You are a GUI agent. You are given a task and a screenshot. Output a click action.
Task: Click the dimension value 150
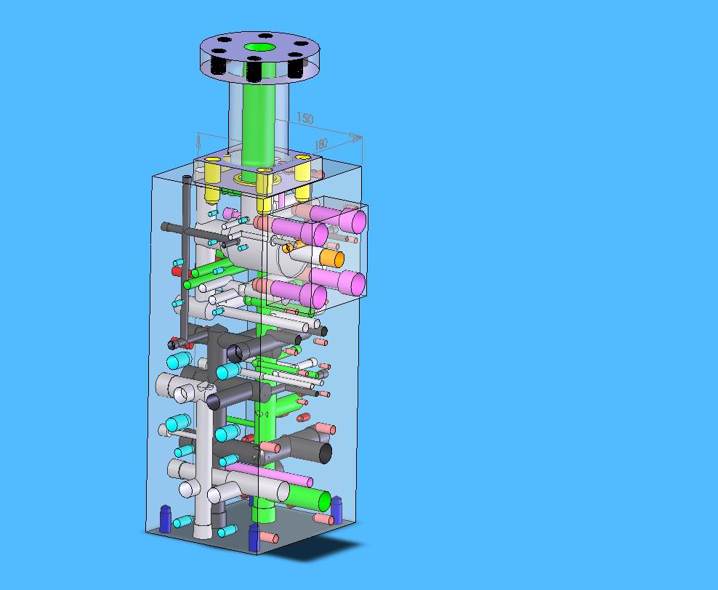tap(305, 118)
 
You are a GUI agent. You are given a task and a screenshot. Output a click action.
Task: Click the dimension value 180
tap(321, 144)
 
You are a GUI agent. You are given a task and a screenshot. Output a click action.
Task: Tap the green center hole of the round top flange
tap(259, 47)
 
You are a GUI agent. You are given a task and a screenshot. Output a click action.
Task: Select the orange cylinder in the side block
tap(332, 258)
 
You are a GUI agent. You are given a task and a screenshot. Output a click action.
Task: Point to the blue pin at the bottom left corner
tap(165, 519)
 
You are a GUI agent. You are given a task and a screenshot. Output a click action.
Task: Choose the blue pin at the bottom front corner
tap(254, 538)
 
